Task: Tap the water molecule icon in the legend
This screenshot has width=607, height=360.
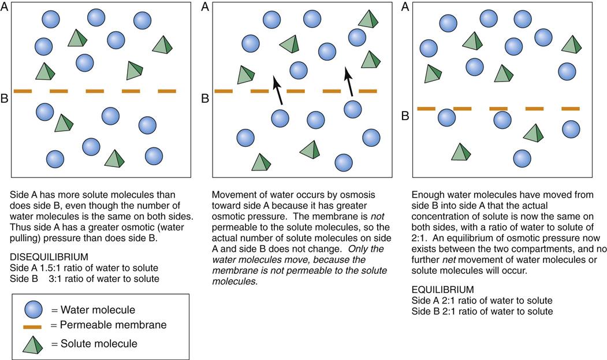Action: pos(33,309)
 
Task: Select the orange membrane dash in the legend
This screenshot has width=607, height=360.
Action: pos(32,326)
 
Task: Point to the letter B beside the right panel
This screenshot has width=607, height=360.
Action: pos(405,115)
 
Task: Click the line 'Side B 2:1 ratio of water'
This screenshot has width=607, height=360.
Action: pos(482,311)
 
